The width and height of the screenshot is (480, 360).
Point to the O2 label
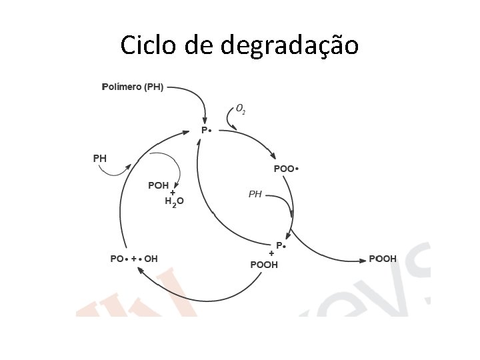(x=241, y=108)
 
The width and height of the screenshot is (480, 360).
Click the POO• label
(x=286, y=169)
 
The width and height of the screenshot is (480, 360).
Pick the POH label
(x=159, y=185)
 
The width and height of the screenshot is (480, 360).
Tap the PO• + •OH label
(x=134, y=259)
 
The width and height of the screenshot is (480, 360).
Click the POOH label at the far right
(x=383, y=259)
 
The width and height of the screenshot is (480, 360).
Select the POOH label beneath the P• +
(x=264, y=265)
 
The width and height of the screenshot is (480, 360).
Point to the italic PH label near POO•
(x=255, y=194)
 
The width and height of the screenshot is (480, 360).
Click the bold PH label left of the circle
(x=99, y=159)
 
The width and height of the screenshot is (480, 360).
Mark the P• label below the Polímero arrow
(x=206, y=130)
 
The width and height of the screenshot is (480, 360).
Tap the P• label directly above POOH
(x=281, y=245)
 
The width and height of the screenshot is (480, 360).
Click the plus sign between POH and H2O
(x=172, y=193)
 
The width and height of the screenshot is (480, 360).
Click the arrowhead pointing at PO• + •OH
(x=140, y=269)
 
